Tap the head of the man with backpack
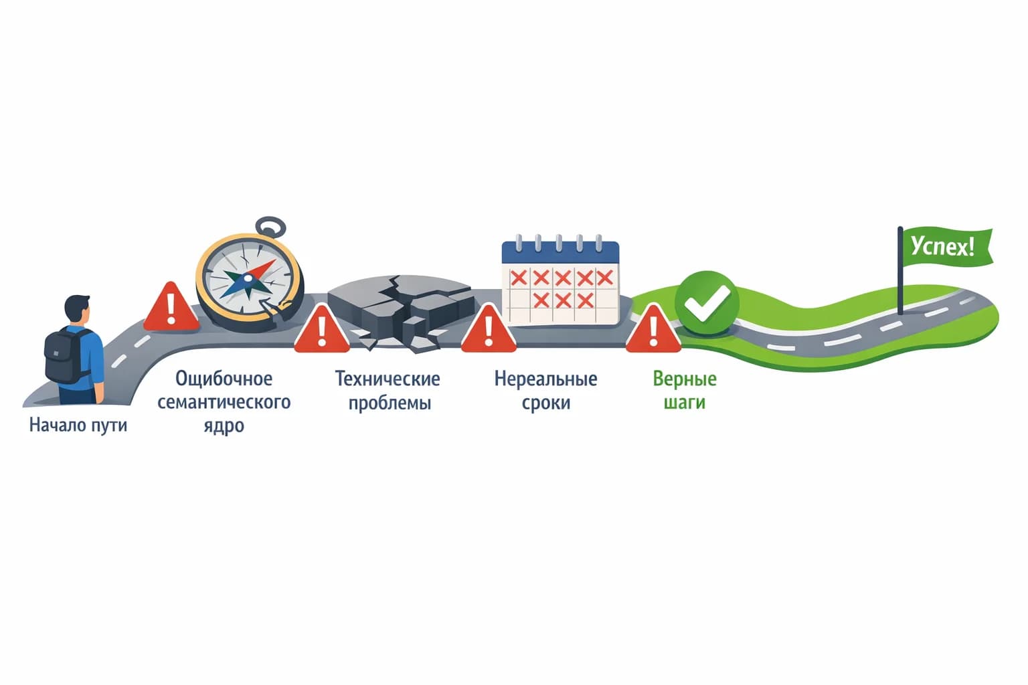(x=77, y=309)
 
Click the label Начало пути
(x=78, y=425)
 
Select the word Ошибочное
(x=224, y=379)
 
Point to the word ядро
(x=224, y=426)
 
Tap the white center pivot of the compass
(x=248, y=278)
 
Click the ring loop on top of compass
(x=271, y=227)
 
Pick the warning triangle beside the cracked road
(x=322, y=328)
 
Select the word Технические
(x=388, y=379)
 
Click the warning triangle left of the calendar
(x=489, y=328)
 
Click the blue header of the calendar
(x=560, y=252)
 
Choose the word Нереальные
(x=545, y=379)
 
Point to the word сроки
(x=546, y=403)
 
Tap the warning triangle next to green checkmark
(x=653, y=328)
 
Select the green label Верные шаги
(x=685, y=391)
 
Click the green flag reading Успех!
(x=946, y=247)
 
